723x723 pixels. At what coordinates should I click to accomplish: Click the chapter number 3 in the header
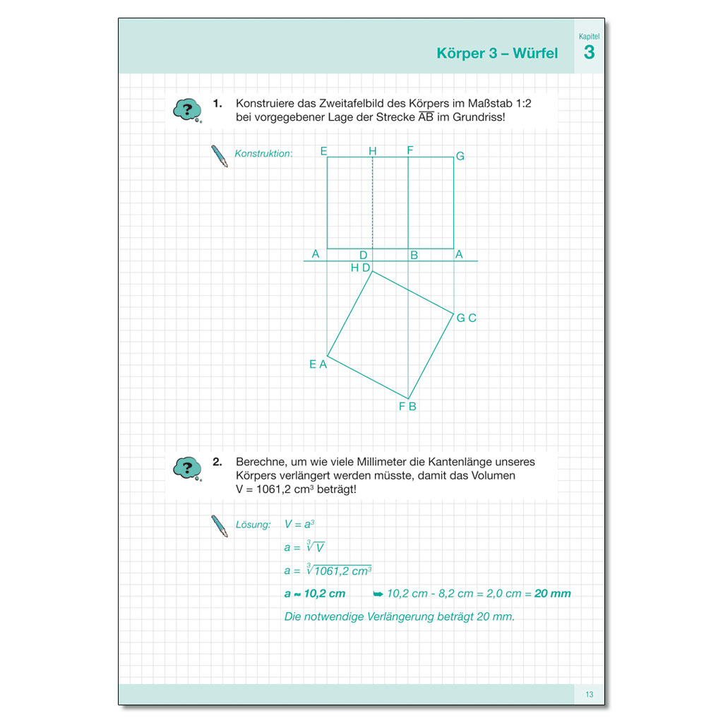[589, 53]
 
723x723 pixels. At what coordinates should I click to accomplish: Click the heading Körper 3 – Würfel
[497, 54]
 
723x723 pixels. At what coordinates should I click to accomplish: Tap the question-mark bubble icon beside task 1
[187, 110]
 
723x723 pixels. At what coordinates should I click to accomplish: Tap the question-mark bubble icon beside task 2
[187, 468]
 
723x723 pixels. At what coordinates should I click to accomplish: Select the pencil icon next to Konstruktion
[220, 156]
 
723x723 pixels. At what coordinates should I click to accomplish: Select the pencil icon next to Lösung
[220, 526]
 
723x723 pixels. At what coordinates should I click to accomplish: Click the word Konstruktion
[263, 153]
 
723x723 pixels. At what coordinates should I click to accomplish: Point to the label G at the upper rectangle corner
[460, 156]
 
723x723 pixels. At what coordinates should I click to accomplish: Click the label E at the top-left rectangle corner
[323, 151]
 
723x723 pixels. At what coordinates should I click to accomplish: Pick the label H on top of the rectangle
[372, 151]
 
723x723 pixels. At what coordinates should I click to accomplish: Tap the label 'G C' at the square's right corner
[466, 318]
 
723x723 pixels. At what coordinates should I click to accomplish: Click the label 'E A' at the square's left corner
[318, 364]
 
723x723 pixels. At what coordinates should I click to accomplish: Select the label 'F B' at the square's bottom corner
[407, 406]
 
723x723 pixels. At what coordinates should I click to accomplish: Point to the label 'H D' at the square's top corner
[360, 268]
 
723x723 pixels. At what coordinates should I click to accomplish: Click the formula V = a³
[299, 524]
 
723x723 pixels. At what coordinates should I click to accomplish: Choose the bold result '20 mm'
[552, 593]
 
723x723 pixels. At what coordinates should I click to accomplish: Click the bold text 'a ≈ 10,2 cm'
[315, 593]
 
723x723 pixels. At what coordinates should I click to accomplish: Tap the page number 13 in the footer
[589, 695]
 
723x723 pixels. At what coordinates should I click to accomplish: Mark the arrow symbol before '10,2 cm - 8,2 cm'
[378, 594]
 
